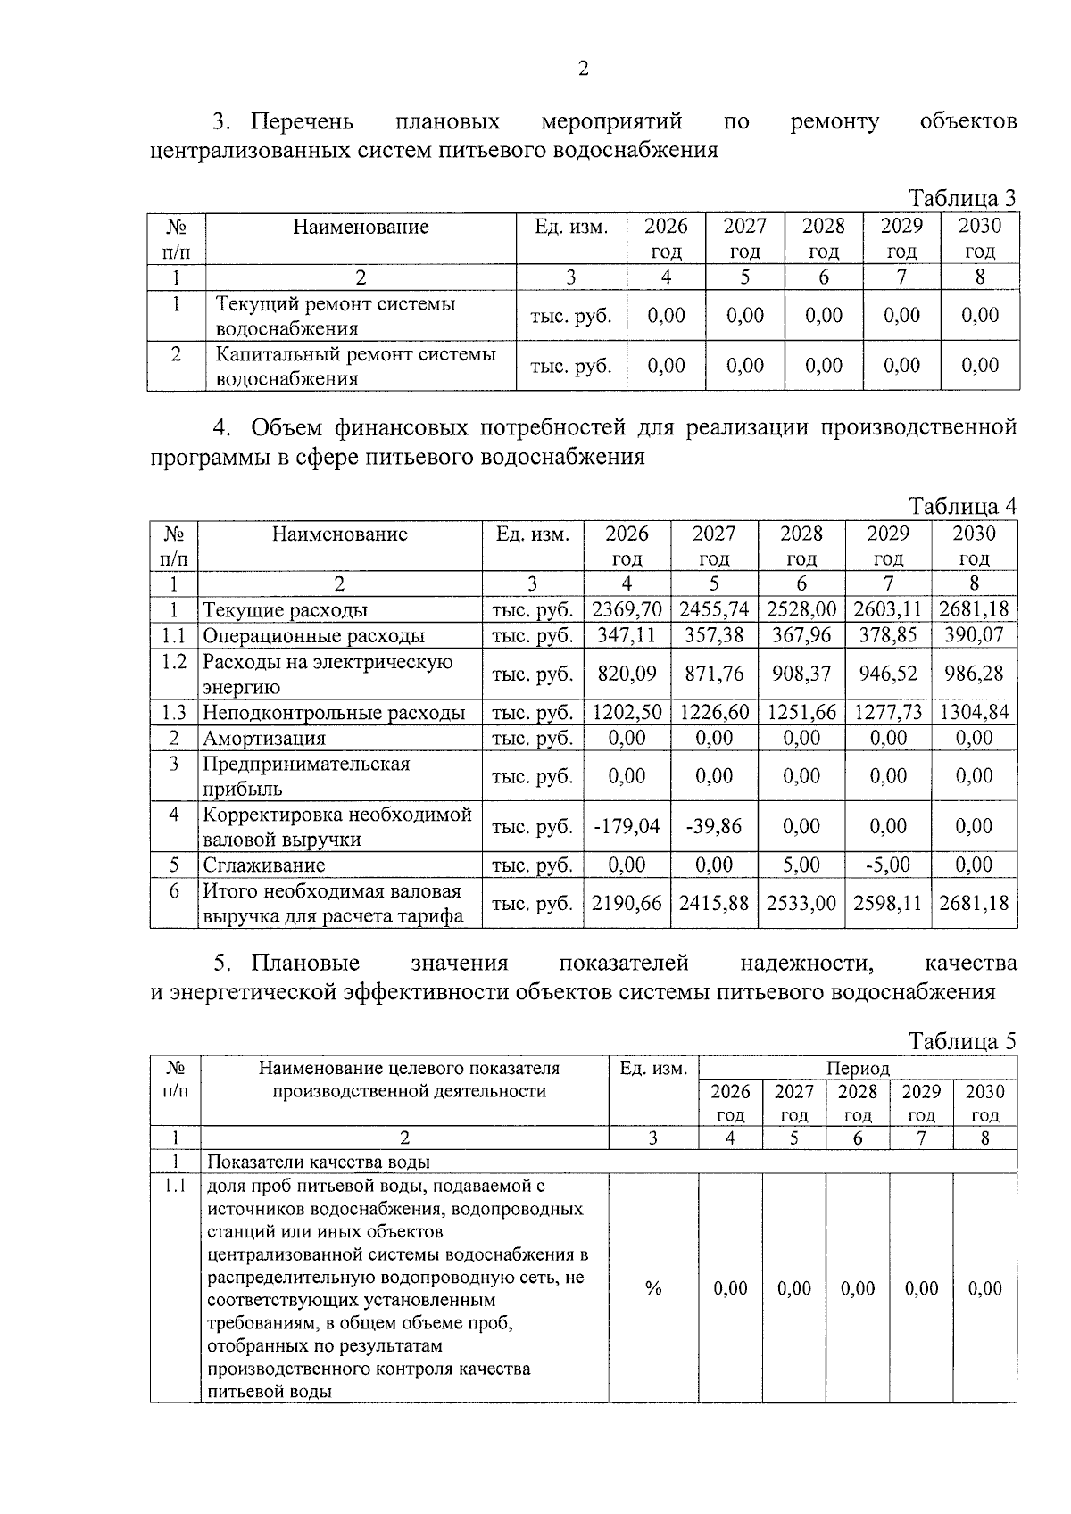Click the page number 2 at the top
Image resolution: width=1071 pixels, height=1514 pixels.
click(x=584, y=70)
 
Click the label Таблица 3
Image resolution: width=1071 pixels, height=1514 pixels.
click(x=962, y=198)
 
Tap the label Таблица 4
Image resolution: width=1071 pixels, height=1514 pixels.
click(x=962, y=506)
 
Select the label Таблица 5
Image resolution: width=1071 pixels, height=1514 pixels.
click(x=962, y=1041)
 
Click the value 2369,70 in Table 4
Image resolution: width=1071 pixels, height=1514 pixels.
click(x=627, y=610)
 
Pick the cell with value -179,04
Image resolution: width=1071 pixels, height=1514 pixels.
click(x=627, y=826)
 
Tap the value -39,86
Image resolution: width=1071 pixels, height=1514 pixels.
click(x=713, y=826)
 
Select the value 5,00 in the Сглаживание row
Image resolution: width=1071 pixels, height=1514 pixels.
click(x=801, y=865)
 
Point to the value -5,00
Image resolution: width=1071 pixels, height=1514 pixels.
click(x=887, y=865)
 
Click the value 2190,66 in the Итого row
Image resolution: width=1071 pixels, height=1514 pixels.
click(x=627, y=903)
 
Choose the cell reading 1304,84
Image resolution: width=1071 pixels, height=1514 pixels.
click(x=974, y=712)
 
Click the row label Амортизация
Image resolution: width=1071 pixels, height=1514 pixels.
click(x=264, y=738)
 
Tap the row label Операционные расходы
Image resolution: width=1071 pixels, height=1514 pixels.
click(x=313, y=636)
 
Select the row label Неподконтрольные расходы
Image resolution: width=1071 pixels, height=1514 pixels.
click(x=334, y=712)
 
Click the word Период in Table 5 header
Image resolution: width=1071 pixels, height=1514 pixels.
click(x=858, y=1068)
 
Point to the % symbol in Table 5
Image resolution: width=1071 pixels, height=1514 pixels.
click(x=653, y=1288)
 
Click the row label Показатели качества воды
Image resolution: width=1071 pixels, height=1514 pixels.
click(x=319, y=1162)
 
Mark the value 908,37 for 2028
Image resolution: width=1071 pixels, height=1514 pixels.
click(x=801, y=674)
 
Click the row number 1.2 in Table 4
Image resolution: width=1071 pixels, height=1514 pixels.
click(x=174, y=662)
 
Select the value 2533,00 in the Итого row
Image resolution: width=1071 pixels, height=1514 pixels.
click(x=801, y=903)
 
